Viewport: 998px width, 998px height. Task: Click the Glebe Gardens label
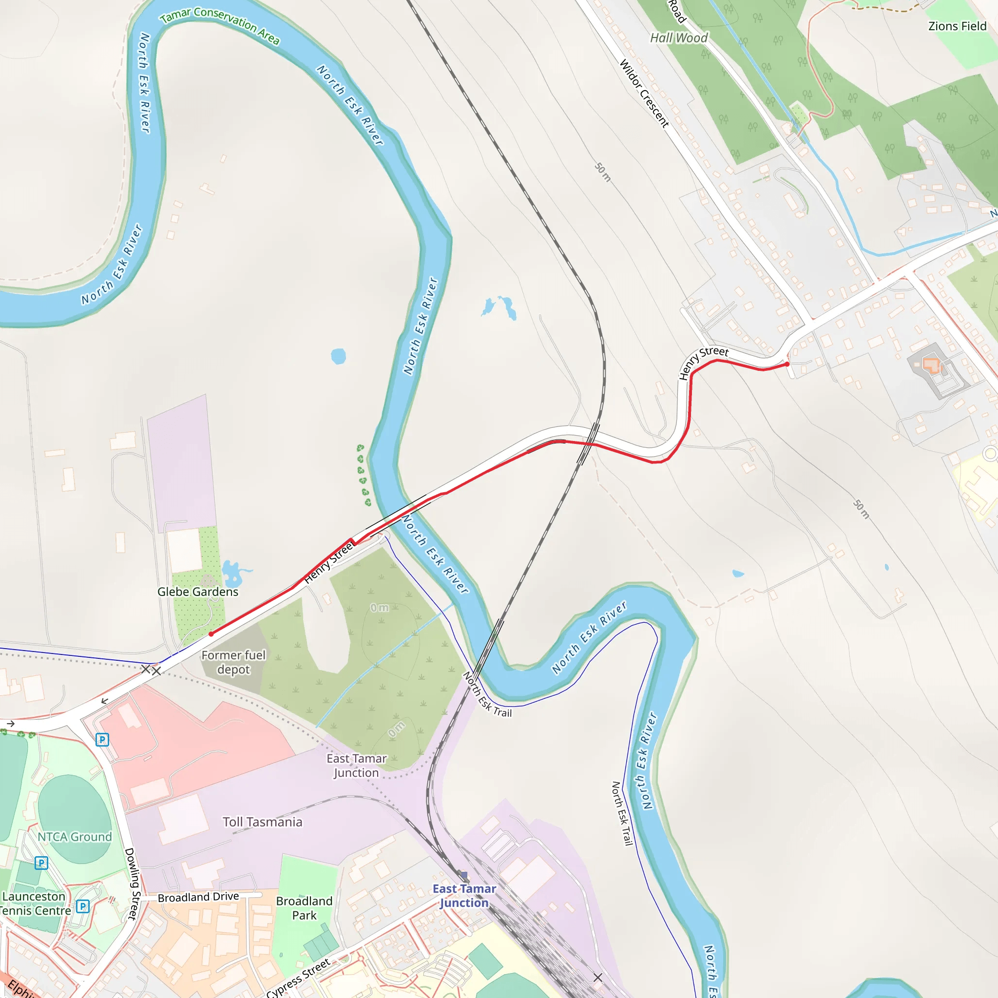pyautogui.click(x=198, y=592)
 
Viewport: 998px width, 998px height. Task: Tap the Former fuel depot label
pyautogui.click(x=233, y=662)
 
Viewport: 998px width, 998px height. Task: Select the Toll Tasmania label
pyautogui.click(x=263, y=822)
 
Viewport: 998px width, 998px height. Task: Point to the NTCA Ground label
pyautogui.click(x=75, y=837)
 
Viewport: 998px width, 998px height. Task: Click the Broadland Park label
pyautogui.click(x=304, y=908)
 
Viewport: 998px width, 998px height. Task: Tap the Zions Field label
pyautogui.click(x=957, y=26)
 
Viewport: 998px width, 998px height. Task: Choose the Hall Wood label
pyautogui.click(x=679, y=38)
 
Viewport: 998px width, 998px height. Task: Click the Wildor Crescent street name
pyautogui.click(x=644, y=94)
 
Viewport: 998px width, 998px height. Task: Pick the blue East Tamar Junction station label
pyautogui.click(x=464, y=896)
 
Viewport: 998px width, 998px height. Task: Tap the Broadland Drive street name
pyautogui.click(x=198, y=898)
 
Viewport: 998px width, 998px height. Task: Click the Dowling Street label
pyautogui.click(x=132, y=884)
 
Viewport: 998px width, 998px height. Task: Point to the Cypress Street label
pyautogui.click(x=298, y=978)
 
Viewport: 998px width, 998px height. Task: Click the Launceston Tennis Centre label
pyautogui.click(x=34, y=903)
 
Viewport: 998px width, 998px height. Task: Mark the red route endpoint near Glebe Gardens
pyautogui.click(x=211, y=634)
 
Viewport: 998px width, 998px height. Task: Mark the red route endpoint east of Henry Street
pyautogui.click(x=787, y=364)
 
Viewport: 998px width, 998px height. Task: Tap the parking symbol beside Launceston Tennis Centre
pyautogui.click(x=82, y=906)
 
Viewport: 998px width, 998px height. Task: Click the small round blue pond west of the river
pyautogui.click(x=338, y=356)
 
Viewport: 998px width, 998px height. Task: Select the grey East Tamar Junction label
pyautogui.click(x=356, y=766)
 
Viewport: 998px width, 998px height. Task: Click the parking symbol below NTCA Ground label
pyautogui.click(x=41, y=863)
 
